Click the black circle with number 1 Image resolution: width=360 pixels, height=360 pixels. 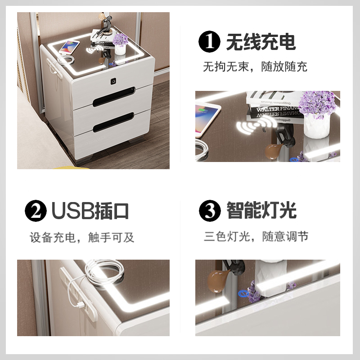(x=209, y=42)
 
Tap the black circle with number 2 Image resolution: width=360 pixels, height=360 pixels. (x=36, y=211)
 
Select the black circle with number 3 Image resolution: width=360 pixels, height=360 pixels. (x=210, y=211)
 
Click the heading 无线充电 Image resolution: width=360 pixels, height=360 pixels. (x=261, y=42)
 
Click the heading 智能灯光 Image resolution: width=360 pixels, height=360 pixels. (x=261, y=210)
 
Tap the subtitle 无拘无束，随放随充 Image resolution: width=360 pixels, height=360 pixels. (x=255, y=67)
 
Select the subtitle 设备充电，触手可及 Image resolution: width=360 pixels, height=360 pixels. (x=82, y=237)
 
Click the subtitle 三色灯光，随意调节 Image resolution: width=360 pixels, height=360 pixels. (x=256, y=236)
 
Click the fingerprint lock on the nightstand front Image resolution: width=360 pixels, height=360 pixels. (x=113, y=81)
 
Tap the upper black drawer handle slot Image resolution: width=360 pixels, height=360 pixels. (x=114, y=97)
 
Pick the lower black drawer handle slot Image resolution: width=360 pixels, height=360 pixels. (x=114, y=122)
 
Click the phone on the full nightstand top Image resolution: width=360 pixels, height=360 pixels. (x=69, y=47)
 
